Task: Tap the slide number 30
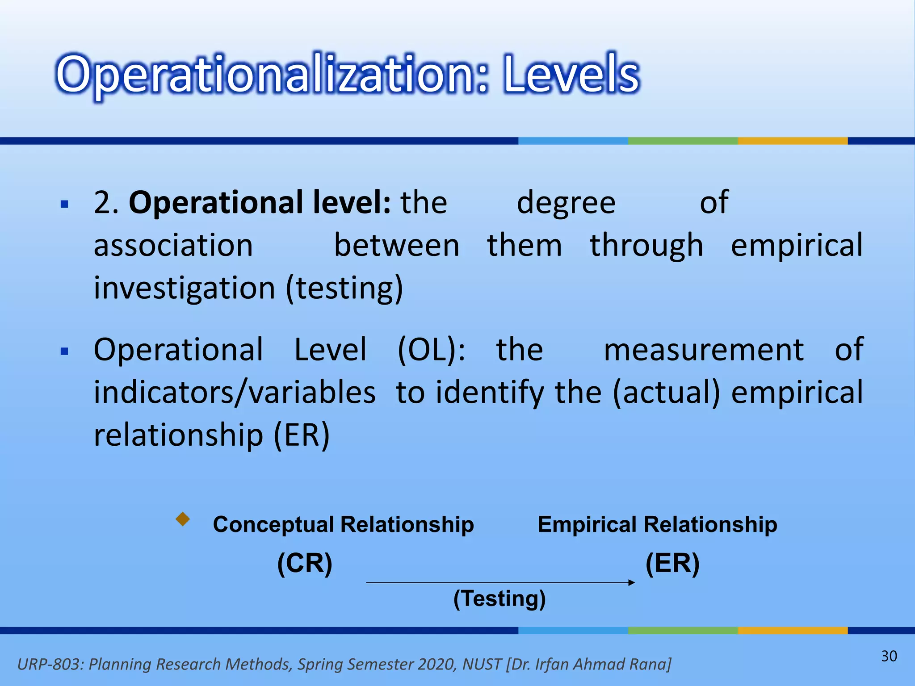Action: (889, 656)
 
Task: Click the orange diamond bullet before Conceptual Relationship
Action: (183, 519)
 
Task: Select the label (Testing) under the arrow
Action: (499, 598)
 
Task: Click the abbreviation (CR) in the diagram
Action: (305, 563)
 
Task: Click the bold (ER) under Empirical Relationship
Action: (672, 563)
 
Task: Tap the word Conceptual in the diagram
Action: (273, 524)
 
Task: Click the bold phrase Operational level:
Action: (260, 202)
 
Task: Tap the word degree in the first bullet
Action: (566, 202)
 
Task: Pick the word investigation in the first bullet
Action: (184, 288)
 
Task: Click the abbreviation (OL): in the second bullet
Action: (431, 349)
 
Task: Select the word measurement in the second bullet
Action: (704, 349)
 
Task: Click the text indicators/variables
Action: (235, 392)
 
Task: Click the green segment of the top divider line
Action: (683, 141)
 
